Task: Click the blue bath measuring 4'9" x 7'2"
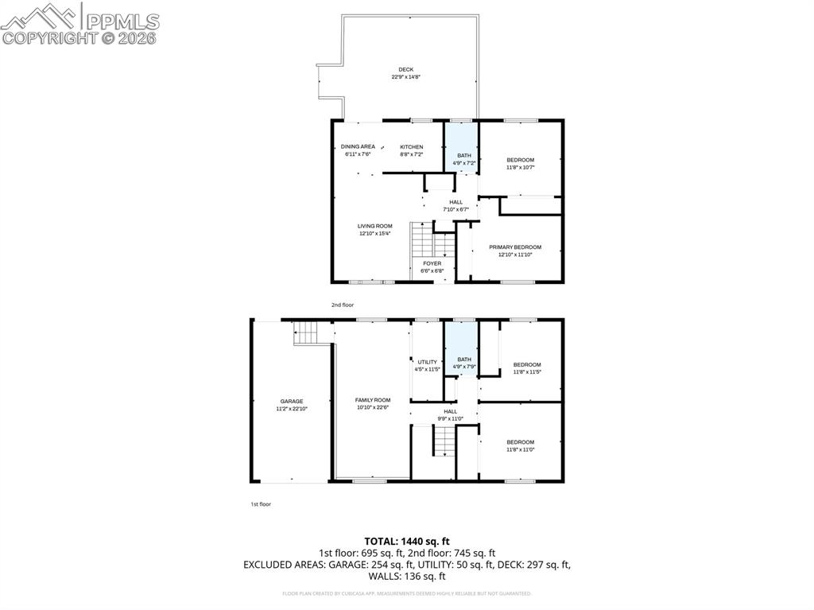click(463, 155)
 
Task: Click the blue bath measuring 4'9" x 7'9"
click(463, 359)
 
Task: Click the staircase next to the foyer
click(422, 239)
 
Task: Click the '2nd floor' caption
click(343, 305)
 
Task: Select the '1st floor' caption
click(260, 503)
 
